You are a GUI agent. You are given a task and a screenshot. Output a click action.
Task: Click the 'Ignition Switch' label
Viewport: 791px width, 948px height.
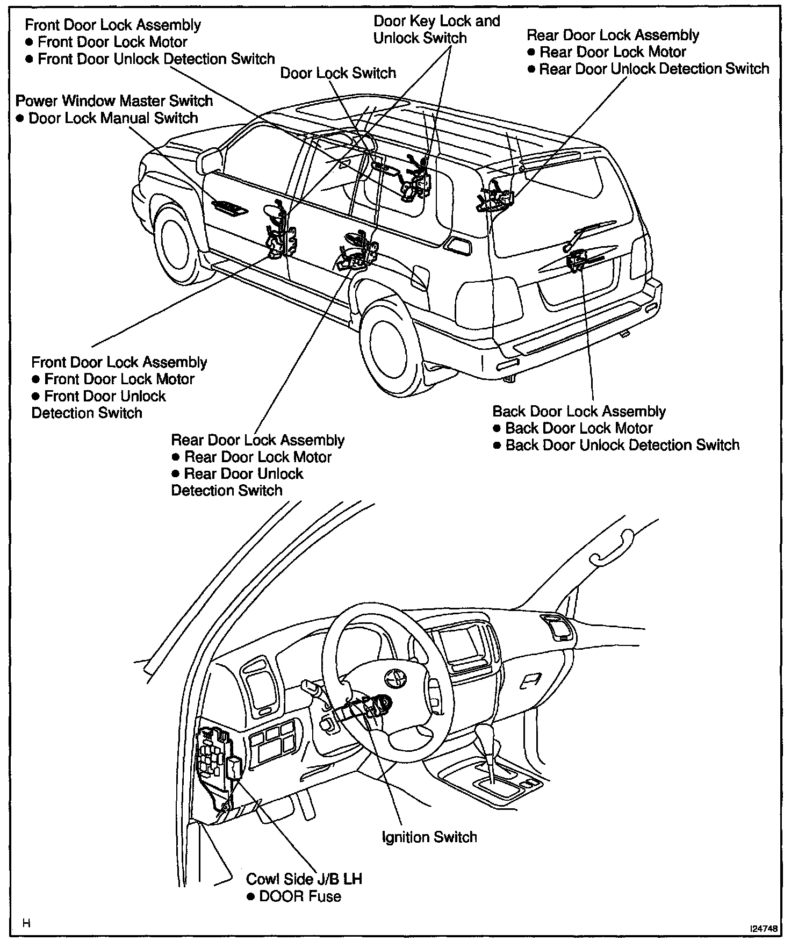point(429,837)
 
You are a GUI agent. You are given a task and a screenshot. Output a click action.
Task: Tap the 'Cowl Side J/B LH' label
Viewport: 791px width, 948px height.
point(304,879)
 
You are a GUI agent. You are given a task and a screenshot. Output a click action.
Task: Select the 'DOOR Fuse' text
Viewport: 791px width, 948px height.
point(300,896)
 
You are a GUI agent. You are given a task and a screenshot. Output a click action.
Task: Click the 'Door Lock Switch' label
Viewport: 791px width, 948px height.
point(338,73)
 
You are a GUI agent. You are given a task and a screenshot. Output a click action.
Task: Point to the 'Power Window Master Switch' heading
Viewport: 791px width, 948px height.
point(114,100)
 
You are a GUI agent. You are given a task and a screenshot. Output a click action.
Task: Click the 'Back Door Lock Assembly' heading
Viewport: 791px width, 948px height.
point(579,411)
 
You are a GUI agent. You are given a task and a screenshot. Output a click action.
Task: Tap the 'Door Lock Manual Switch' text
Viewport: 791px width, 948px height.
point(113,118)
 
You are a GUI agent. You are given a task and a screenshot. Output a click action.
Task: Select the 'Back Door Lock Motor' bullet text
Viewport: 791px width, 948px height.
point(579,428)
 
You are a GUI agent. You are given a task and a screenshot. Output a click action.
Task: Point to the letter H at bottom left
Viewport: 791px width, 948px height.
point(26,924)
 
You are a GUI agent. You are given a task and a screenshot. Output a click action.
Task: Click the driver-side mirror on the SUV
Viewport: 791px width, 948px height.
point(211,161)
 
